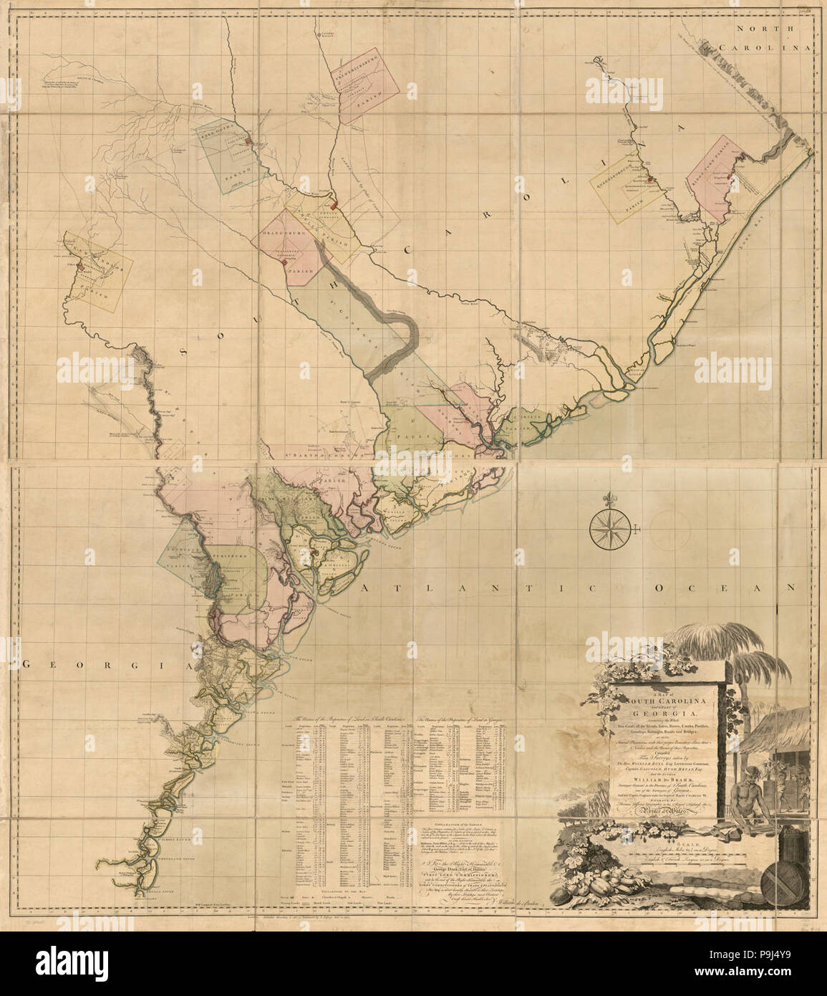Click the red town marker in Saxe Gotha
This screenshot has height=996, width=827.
tap(247, 142)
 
